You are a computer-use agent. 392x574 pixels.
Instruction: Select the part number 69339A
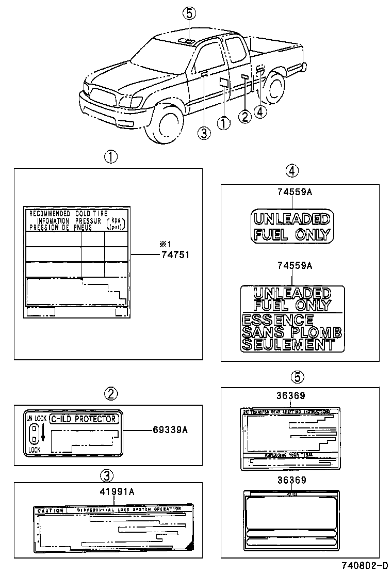tap(170, 429)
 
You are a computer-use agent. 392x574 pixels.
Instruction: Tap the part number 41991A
tap(117, 491)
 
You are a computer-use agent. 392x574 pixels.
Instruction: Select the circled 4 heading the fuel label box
tap(292, 171)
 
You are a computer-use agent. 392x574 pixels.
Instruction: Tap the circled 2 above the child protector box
tap(110, 394)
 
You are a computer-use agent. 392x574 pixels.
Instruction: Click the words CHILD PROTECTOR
tap(84, 419)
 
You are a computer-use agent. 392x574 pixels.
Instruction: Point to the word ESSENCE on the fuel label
tap(277, 320)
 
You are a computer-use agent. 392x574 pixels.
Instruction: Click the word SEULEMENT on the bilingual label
tap(287, 345)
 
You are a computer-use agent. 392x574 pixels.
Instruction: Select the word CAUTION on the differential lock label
tap(51, 511)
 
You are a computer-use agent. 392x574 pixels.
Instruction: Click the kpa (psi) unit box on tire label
tap(116, 223)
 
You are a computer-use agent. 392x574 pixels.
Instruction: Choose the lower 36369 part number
tap(291, 480)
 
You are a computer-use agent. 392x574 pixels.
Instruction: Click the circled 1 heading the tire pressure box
tap(110, 156)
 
